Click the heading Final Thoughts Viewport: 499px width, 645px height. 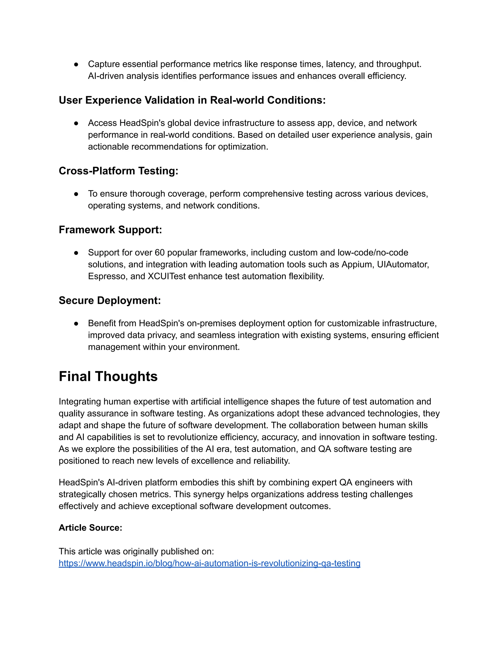pyautogui.click(x=108, y=377)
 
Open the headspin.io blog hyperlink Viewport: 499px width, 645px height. pyautogui.click(x=209, y=563)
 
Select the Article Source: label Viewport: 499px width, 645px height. pyautogui.click(x=90, y=527)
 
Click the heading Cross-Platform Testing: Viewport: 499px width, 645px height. pyautogui.click(x=118, y=171)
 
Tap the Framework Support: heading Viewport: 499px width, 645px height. pyautogui.click(x=110, y=230)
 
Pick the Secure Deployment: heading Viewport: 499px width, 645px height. pyautogui.click(x=110, y=300)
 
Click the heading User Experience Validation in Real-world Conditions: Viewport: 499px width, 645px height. pyautogui.click(x=192, y=100)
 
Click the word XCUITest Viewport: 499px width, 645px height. pyautogui.click(x=167, y=276)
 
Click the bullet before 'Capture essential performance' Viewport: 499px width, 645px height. pyautogui.click(x=76, y=64)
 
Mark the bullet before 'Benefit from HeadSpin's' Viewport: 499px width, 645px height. pyautogui.click(x=76, y=323)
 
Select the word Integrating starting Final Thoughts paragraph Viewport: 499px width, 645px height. pyautogui.click(x=80, y=402)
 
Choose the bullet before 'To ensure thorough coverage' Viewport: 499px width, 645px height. pyautogui.click(x=76, y=194)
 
